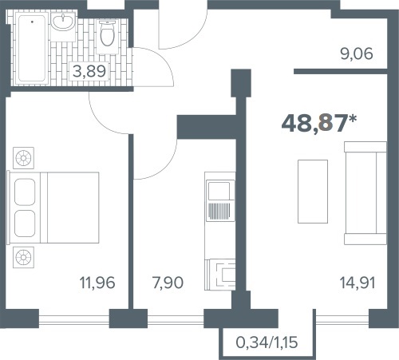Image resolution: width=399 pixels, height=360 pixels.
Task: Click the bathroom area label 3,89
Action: click(x=89, y=71)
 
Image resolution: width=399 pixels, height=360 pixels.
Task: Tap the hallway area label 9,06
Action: click(x=357, y=53)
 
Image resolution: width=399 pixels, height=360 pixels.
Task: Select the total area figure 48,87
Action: click(x=314, y=124)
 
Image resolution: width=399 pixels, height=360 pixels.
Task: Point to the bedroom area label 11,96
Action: click(x=97, y=283)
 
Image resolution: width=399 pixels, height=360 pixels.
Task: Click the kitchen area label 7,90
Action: click(x=168, y=283)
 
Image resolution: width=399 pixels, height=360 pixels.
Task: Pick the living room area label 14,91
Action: click(x=358, y=283)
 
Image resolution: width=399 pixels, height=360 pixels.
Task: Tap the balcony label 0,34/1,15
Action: click(x=267, y=342)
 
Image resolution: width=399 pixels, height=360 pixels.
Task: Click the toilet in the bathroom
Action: click(x=107, y=37)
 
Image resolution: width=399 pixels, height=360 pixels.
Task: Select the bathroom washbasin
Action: click(x=63, y=22)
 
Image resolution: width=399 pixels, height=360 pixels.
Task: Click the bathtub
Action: click(x=32, y=48)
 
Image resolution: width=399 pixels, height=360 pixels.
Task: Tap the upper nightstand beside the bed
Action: click(x=23, y=158)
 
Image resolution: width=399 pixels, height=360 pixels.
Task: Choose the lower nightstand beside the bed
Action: click(x=23, y=257)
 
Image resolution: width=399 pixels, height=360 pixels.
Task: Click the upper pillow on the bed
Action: click(x=25, y=192)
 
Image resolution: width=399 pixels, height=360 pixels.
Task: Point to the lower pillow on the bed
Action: click(x=25, y=224)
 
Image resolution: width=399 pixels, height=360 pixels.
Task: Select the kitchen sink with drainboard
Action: click(x=220, y=200)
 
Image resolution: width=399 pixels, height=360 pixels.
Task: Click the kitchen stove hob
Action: click(x=224, y=275)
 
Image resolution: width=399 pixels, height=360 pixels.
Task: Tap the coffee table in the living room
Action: click(x=313, y=192)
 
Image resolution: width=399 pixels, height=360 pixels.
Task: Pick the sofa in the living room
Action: click(x=365, y=193)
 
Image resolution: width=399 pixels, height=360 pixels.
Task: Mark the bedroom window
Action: click(x=74, y=318)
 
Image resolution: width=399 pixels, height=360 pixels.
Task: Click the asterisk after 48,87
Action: click(x=353, y=119)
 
